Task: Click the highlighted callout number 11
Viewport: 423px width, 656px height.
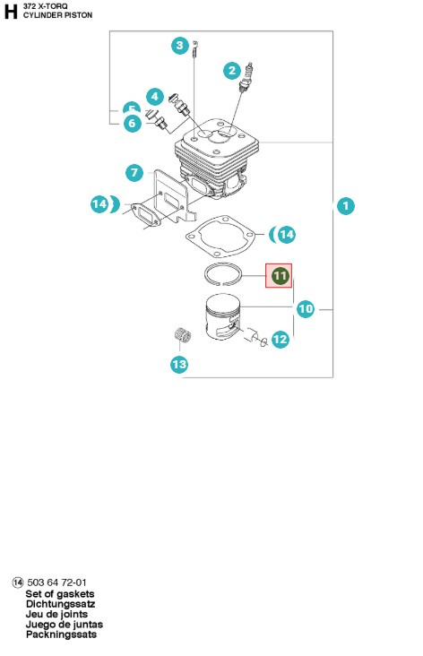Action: click(280, 276)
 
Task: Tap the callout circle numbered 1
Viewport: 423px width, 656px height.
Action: click(345, 206)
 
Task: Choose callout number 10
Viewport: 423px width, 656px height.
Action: click(306, 309)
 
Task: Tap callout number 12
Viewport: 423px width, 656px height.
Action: click(280, 339)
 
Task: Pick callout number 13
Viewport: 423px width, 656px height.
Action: click(179, 364)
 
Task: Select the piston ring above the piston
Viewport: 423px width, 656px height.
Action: click(221, 272)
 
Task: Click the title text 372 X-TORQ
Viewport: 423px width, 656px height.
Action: click(43, 6)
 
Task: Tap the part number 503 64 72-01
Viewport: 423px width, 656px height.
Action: click(57, 583)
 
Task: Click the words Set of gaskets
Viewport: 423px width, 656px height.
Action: click(60, 594)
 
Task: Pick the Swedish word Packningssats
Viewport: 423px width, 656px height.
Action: click(61, 634)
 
